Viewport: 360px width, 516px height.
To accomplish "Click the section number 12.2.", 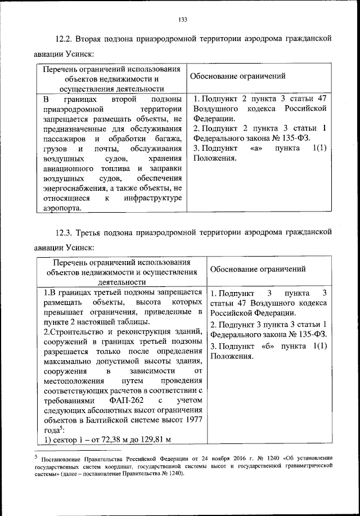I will (65, 39).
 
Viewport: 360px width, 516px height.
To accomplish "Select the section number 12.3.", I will (65, 232).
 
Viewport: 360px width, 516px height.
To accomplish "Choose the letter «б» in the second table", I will (269, 346).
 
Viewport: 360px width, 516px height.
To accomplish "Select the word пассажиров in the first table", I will (64, 138).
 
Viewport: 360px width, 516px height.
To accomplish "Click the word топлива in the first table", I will (107, 168).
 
